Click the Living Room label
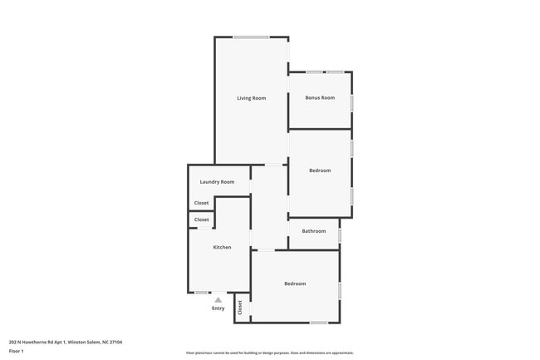[251, 98]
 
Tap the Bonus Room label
[320, 98]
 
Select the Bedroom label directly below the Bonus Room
[320, 170]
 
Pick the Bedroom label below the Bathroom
[295, 284]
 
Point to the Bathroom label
[313, 231]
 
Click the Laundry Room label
[217, 181]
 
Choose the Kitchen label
[222, 247]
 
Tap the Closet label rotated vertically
[240, 307]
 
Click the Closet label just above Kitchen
[202, 219]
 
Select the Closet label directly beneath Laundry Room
[202, 203]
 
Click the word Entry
[218, 308]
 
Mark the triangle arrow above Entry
[218, 299]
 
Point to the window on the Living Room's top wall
[250, 37]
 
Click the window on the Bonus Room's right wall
[351, 102]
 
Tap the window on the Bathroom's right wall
[340, 235]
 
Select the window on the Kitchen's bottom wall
[201, 293]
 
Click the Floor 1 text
[17, 351]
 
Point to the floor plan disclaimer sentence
[270, 353]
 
